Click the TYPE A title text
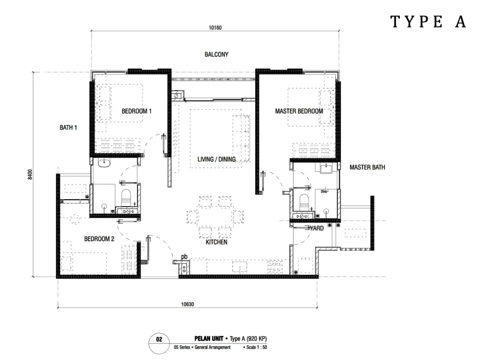click(427, 21)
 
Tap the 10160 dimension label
click(215, 28)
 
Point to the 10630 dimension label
click(187, 304)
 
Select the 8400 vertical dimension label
click(30, 174)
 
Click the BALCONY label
click(217, 54)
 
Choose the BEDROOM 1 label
click(136, 111)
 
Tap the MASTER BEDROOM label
click(299, 111)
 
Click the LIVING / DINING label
click(217, 159)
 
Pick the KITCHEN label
click(217, 242)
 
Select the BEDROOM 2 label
click(99, 239)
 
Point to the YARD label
click(317, 228)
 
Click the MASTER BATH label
click(367, 167)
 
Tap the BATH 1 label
click(68, 128)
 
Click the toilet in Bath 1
click(126, 197)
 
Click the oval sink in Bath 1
click(104, 163)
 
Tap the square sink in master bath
click(326, 168)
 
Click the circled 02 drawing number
click(159, 339)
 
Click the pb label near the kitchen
click(184, 257)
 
